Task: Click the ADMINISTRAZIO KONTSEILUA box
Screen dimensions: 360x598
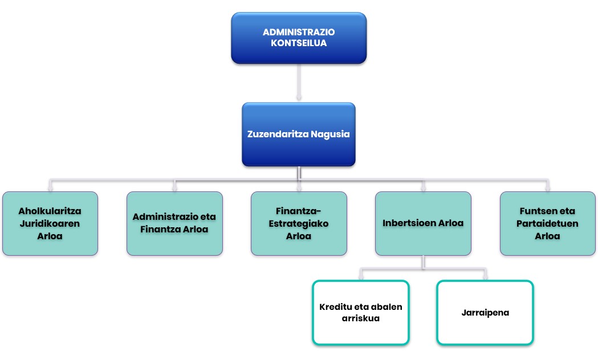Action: [299, 38]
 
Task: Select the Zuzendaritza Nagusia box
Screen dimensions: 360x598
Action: [299, 134]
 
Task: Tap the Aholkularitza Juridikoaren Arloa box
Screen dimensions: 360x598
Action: [50, 223]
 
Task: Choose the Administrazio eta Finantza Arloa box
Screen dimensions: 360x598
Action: [174, 223]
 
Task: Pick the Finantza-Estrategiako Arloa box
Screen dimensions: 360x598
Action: [299, 223]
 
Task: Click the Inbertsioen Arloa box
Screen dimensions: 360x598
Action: [423, 223]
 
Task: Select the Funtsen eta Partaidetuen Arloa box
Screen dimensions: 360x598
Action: [548, 223]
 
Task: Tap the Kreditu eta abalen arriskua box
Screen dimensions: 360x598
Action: [361, 313]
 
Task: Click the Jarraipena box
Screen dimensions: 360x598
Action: [485, 313]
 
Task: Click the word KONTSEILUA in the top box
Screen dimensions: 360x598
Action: [299, 43]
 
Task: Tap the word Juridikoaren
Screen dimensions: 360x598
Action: [50, 223]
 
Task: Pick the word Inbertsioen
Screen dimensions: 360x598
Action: [406, 223]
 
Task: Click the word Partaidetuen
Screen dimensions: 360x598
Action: [548, 223]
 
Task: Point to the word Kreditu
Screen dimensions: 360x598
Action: [336, 307]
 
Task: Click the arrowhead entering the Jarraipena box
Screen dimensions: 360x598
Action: [485, 277]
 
